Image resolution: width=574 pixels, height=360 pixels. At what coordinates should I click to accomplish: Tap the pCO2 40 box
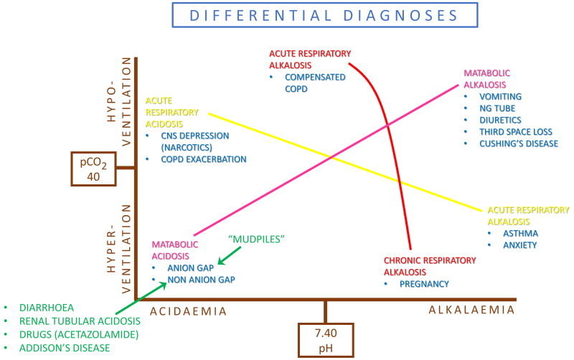(x=95, y=167)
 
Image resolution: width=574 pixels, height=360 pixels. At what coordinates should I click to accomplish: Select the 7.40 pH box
(x=326, y=338)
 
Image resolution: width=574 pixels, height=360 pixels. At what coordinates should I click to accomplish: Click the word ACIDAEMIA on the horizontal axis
(x=188, y=311)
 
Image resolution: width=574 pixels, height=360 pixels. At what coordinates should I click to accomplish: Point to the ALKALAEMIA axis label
(x=471, y=310)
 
